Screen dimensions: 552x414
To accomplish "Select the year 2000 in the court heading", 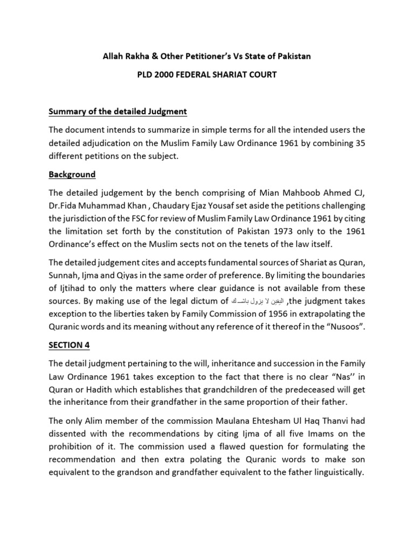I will point(161,75).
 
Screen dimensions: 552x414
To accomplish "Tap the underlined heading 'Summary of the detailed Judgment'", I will point(118,112).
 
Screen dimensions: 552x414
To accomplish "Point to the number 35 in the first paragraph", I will point(358,144).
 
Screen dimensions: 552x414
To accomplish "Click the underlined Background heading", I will point(72,175).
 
